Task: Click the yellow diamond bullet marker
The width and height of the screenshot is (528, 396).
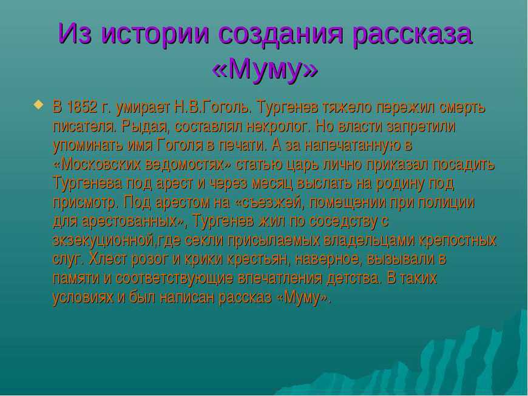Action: (38, 104)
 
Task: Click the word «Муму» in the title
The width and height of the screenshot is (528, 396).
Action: (265, 69)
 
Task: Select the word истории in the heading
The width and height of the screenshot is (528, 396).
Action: (155, 33)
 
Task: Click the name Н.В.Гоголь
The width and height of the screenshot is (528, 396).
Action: (213, 107)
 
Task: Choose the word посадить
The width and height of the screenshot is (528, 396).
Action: (464, 164)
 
